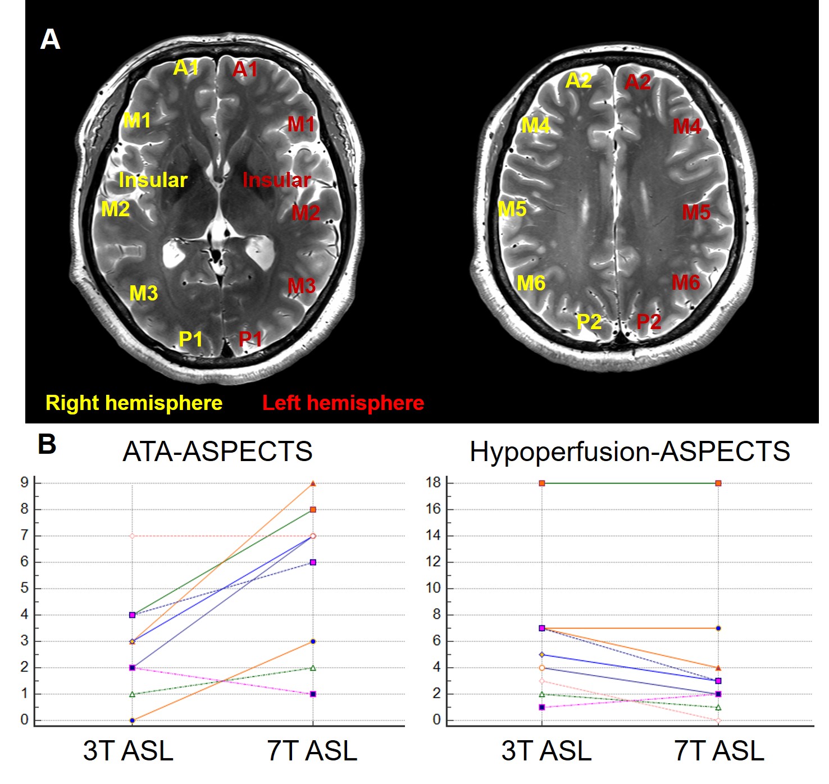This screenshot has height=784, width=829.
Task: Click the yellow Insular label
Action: coord(153,180)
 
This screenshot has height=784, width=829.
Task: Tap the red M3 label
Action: coord(302,286)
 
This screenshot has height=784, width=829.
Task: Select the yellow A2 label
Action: coord(579,81)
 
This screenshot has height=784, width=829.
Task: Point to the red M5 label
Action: coord(696,212)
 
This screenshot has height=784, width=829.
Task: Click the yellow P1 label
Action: coord(190,339)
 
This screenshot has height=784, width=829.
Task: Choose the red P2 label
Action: coord(649,322)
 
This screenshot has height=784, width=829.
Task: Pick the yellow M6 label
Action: coord(531,283)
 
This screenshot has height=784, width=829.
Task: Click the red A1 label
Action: coord(245,70)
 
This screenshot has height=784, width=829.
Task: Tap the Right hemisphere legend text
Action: coord(134,403)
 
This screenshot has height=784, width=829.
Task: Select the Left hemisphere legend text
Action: coord(343,403)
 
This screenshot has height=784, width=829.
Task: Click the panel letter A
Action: coord(50,40)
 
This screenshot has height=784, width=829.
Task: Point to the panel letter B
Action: coord(47,444)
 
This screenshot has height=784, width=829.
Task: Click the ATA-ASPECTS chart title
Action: coord(217,452)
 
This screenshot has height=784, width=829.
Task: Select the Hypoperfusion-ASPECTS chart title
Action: coord(630,452)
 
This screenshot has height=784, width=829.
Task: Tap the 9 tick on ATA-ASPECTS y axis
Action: coord(24,482)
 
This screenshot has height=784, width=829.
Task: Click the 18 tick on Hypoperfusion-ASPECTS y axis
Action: coord(433,482)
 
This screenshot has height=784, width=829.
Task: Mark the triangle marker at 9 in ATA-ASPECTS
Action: coord(313,484)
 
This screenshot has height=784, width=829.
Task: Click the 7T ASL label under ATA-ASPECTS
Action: coord(312,751)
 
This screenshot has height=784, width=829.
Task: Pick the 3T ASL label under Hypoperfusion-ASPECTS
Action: coord(546,751)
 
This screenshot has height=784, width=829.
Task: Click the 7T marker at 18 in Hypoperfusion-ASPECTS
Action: coord(718,483)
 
